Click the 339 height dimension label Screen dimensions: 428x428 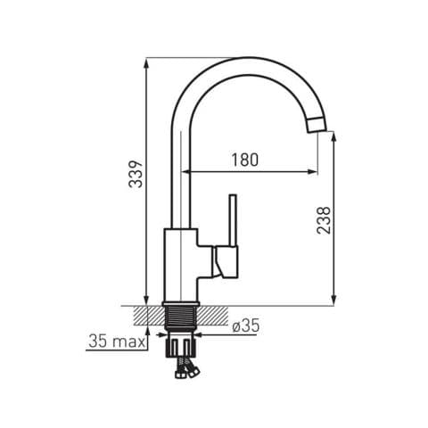[x=136, y=174]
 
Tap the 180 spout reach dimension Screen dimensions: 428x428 [x=245, y=160]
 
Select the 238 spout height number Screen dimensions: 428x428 [x=324, y=220]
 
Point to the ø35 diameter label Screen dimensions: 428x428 [x=246, y=325]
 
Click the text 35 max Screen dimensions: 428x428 [x=117, y=342]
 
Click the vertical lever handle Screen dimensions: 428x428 [x=233, y=220]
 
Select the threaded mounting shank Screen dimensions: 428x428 [x=180, y=317]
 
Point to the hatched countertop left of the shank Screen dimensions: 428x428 [x=150, y=315]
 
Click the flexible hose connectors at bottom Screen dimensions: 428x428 [x=186, y=368]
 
